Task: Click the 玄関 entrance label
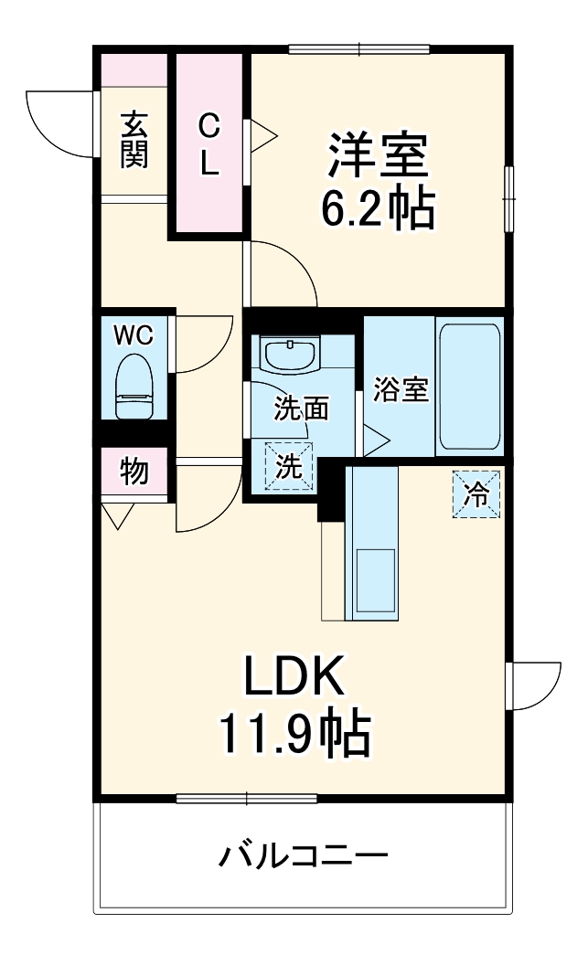point(134,139)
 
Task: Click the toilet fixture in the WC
point(134,387)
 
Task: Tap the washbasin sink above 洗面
point(290,354)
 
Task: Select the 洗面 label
point(302,409)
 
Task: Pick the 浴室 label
point(401,389)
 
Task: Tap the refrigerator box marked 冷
point(476,494)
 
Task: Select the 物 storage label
point(134,472)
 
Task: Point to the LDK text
point(293,677)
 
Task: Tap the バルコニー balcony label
point(304,856)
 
